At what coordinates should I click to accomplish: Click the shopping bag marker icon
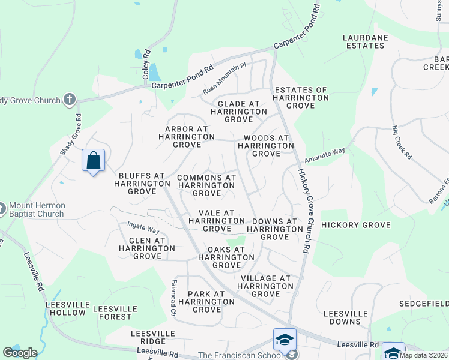click(x=93, y=161)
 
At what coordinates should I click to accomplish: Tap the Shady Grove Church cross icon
click(x=70, y=99)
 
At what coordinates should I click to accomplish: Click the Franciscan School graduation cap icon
click(x=285, y=340)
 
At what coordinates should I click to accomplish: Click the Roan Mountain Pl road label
click(x=224, y=79)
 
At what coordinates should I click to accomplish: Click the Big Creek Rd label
click(x=401, y=142)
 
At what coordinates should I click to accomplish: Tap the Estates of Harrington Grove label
click(x=301, y=98)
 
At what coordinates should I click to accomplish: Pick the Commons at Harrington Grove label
click(x=206, y=185)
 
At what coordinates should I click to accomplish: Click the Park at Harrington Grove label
click(x=206, y=302)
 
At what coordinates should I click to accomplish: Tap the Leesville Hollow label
click(x=65, y=308)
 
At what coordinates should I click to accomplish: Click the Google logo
click(x=20, y=353)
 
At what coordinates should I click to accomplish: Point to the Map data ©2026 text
click(x=424, y=355)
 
